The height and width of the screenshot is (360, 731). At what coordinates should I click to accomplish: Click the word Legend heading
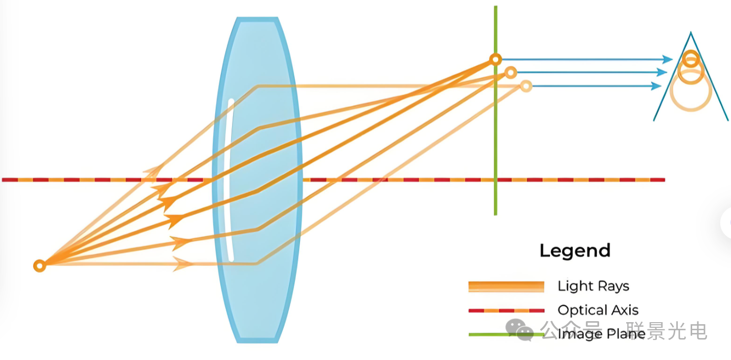575,251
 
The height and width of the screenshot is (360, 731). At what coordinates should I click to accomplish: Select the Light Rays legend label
593,286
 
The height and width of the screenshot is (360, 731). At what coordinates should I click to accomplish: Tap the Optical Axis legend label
598,310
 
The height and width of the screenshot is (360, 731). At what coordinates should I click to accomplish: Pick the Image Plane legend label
601,334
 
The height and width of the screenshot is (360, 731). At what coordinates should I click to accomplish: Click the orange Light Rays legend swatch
506,286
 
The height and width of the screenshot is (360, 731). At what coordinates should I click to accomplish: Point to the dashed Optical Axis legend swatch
506,310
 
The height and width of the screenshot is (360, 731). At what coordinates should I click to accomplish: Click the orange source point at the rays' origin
39,265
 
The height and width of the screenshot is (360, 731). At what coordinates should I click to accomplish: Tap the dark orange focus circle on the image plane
495,59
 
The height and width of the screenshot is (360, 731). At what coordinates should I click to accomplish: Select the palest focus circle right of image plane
526,86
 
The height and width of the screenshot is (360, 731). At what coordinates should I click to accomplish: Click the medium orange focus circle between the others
510,73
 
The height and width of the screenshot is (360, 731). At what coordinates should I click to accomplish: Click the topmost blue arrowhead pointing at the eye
667,59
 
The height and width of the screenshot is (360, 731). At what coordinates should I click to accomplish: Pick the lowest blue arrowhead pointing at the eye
656,86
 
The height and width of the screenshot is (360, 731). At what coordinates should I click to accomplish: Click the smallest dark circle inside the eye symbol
691,59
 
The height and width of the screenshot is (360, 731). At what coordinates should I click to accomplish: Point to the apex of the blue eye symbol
691,34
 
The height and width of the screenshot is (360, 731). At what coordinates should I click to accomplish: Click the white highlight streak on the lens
231,179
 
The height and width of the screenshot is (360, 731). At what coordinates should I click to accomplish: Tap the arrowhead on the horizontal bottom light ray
182,264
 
